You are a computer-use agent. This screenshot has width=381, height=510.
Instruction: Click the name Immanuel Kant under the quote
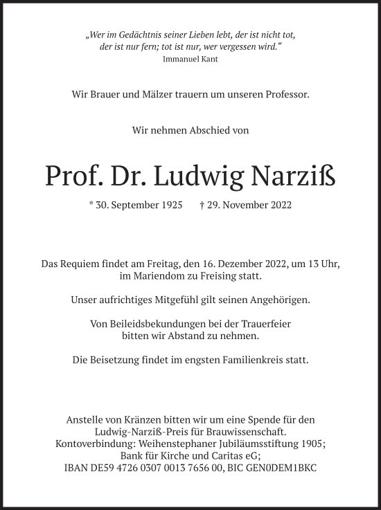click(190, 60)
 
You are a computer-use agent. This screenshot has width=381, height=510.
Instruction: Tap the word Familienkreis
click(252, 361)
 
